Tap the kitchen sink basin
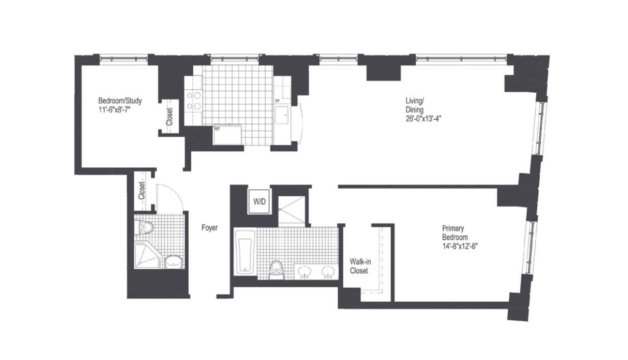(x=283, y=116)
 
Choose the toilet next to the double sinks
(x=276, y=267)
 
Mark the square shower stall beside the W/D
(x=291, y=209)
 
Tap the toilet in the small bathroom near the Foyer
(x=145, y=226)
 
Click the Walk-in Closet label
(x=359, y=266)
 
